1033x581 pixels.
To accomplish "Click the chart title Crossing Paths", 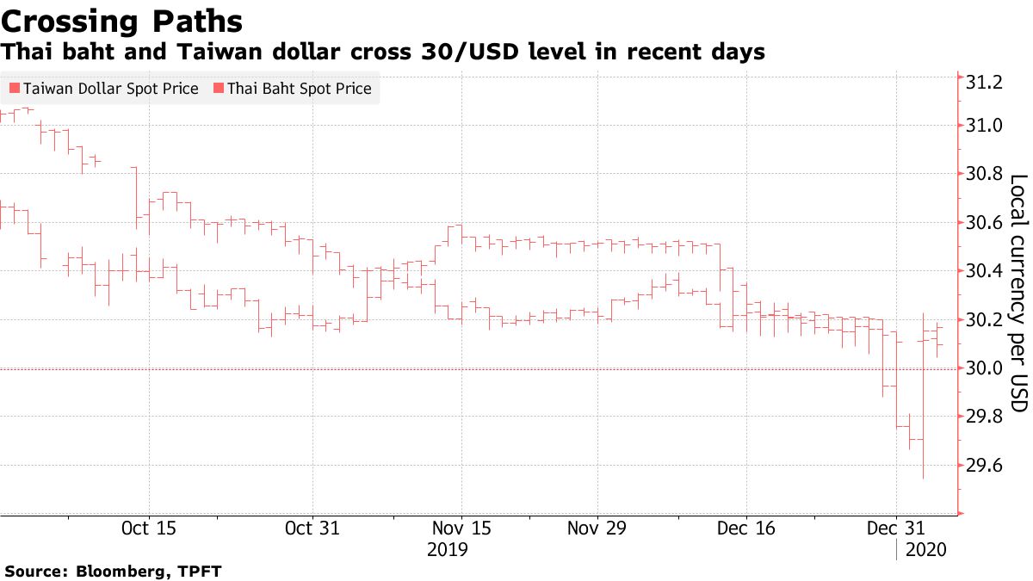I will (x=121, y=21).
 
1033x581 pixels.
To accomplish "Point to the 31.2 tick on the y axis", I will (x=985, y=83).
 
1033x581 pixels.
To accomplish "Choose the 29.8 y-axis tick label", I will (x=985, y=417).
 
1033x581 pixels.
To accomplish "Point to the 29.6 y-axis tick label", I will (x=985, y=467).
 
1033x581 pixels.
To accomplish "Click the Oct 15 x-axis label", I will (x=150, y=528).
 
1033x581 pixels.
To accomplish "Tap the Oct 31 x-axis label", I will (x=312, y=528).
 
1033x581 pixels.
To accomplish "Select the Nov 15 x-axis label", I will (x=461, y=528).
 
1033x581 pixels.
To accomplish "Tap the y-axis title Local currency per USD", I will (x=1018, y=293).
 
